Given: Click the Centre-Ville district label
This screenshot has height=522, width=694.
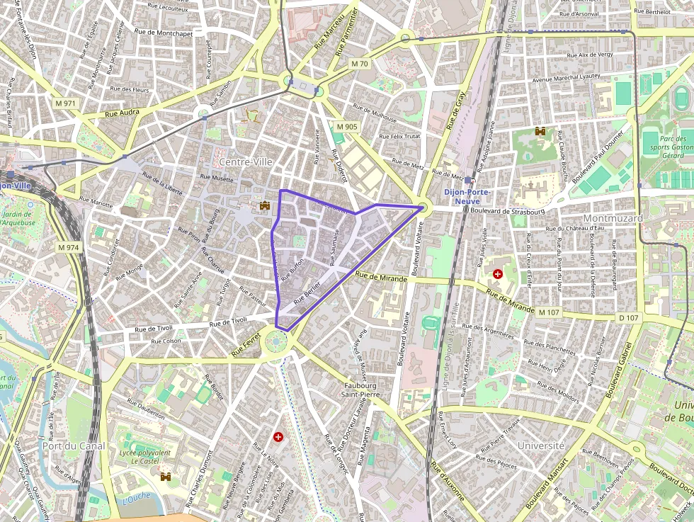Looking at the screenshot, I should click(246, 162).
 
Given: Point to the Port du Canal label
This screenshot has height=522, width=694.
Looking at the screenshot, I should click(74, 446).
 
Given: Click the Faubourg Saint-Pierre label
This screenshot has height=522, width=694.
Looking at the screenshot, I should click(360, 390).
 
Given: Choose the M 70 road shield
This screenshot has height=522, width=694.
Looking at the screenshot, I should click(360, 64).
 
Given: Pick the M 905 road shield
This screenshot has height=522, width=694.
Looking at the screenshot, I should click(347, 126).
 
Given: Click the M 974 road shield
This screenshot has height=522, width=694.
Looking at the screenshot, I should click(69, 247).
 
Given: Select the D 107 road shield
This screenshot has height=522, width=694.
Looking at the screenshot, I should click(627, 318).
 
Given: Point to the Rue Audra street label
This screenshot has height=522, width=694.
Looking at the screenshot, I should click(122, 113).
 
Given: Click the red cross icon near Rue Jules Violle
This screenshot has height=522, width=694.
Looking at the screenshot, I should click(498, 273).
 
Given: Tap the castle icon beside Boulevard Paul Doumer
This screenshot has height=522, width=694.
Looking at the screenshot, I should click(540, 132).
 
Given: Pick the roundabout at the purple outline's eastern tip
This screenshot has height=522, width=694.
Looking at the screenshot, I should click(423, 208).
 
